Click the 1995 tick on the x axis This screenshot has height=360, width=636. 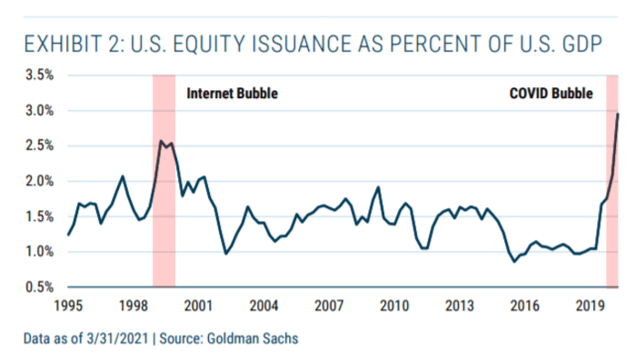pyautogui.click(x=69, y=305)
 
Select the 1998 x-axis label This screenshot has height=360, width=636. pyautogui.click(x=134, y=305)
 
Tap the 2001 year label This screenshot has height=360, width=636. pyautogui.click(x=199, y=305)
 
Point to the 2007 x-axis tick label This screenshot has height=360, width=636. pyautogui.click(x=329, y=305)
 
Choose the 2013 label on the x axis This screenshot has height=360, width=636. pyautogui.click(x=459, y=305)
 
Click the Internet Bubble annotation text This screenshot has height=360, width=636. pyautogui.click(x=232, y=94)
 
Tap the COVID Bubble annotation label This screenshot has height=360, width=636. pyautogui.click(x=551, y=94)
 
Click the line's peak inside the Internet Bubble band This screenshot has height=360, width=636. pyautogui.click(x=161, y=141)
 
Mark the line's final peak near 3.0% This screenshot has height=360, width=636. pyautogui.click(x=619, y=114)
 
